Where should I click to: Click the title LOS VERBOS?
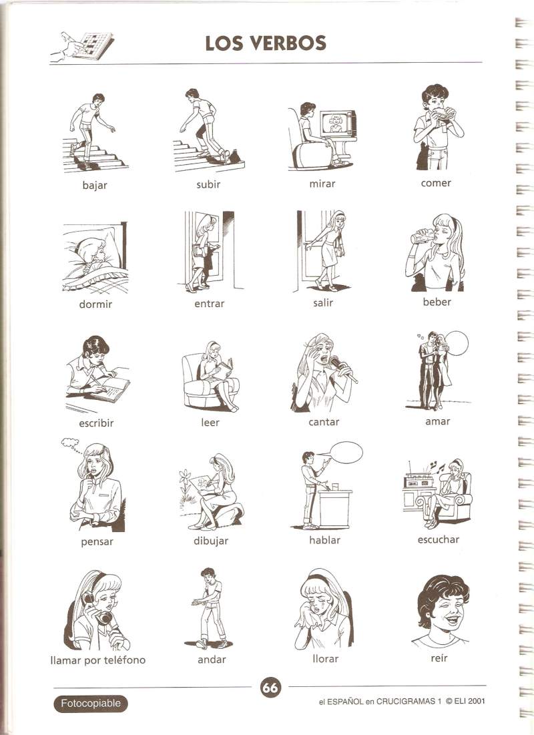coord(266,43)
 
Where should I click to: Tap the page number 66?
coord(270,688)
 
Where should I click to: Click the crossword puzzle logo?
coord(82,46)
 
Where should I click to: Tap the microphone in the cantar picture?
coord(342,369)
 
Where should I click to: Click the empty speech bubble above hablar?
coord(346,453)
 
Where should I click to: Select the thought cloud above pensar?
coord(70,442)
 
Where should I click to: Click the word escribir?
coord(96,423)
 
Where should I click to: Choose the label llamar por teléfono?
coord(97,660)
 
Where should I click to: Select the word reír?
coord(439,658)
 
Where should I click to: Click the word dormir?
coord(95,304)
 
